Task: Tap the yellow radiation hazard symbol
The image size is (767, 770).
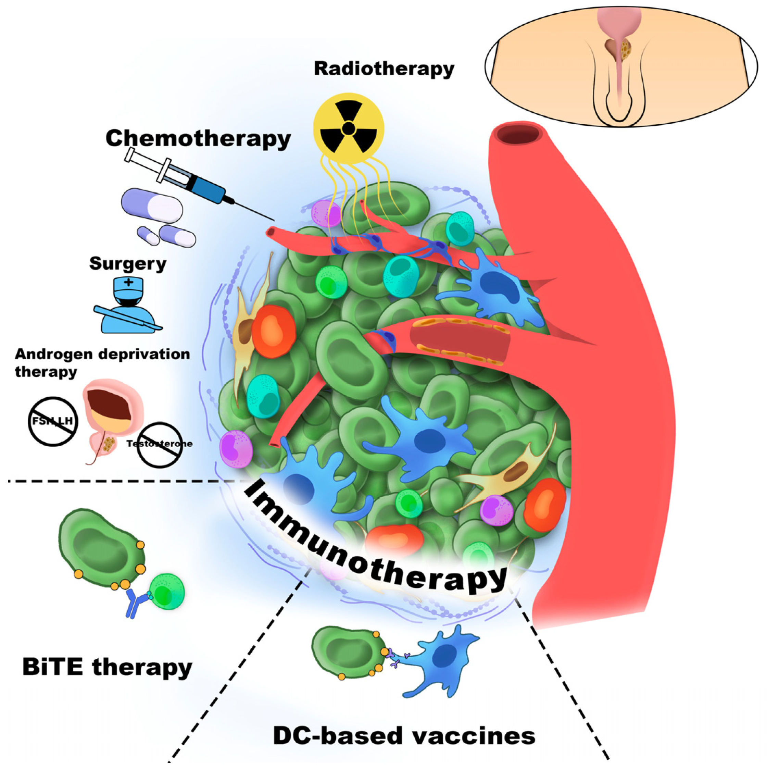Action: point(349,128)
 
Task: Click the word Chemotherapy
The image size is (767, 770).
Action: point(198,139)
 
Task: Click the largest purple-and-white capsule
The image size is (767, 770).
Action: point(152,206)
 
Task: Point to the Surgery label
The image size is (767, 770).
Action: point(128,264)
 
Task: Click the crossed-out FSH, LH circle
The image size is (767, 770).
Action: point(53,421)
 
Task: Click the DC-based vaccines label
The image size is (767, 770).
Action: point(404,736)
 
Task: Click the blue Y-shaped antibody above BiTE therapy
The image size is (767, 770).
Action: point(134,603)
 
